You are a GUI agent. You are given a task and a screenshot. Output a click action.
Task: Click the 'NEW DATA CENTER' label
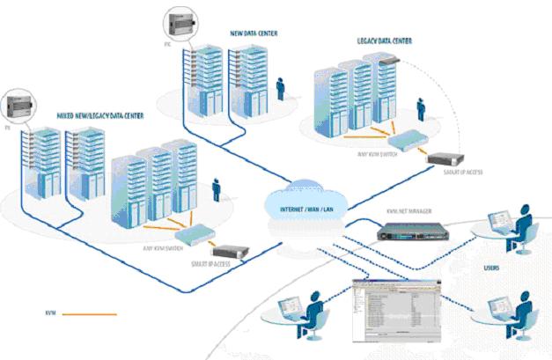point(255,33)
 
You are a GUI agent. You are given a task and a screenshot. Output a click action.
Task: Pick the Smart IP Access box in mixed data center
point(231,254)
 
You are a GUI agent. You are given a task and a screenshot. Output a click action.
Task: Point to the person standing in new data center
point(281,88)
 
